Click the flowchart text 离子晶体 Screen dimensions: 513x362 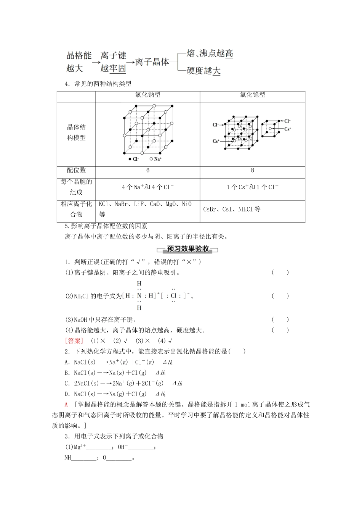(152, 62)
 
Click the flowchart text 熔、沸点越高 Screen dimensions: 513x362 (210, 53)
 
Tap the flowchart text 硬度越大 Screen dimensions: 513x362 (203, 71)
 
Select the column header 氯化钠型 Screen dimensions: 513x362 (147, 95)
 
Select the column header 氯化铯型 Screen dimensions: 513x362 (252, 95)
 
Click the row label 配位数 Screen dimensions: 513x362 (76, 170)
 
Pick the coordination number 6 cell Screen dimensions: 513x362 (148, 171)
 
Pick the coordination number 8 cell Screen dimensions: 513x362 (252, 171)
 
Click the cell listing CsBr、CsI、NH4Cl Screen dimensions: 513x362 (232, 209)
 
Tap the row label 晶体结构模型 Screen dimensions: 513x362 (76, 132)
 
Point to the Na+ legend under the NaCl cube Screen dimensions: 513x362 (156, 159)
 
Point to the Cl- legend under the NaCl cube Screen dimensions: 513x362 (134, 159)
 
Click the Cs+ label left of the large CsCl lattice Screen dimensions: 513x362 (216, 141)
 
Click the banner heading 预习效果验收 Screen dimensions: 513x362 (188, 249)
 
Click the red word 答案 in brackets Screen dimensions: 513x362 (74, 341)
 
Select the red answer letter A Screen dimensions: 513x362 (66, 405)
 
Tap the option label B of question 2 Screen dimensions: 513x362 (67, 373)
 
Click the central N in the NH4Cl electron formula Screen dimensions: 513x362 (139, 296)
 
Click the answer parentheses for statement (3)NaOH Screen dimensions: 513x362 (280, 320)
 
